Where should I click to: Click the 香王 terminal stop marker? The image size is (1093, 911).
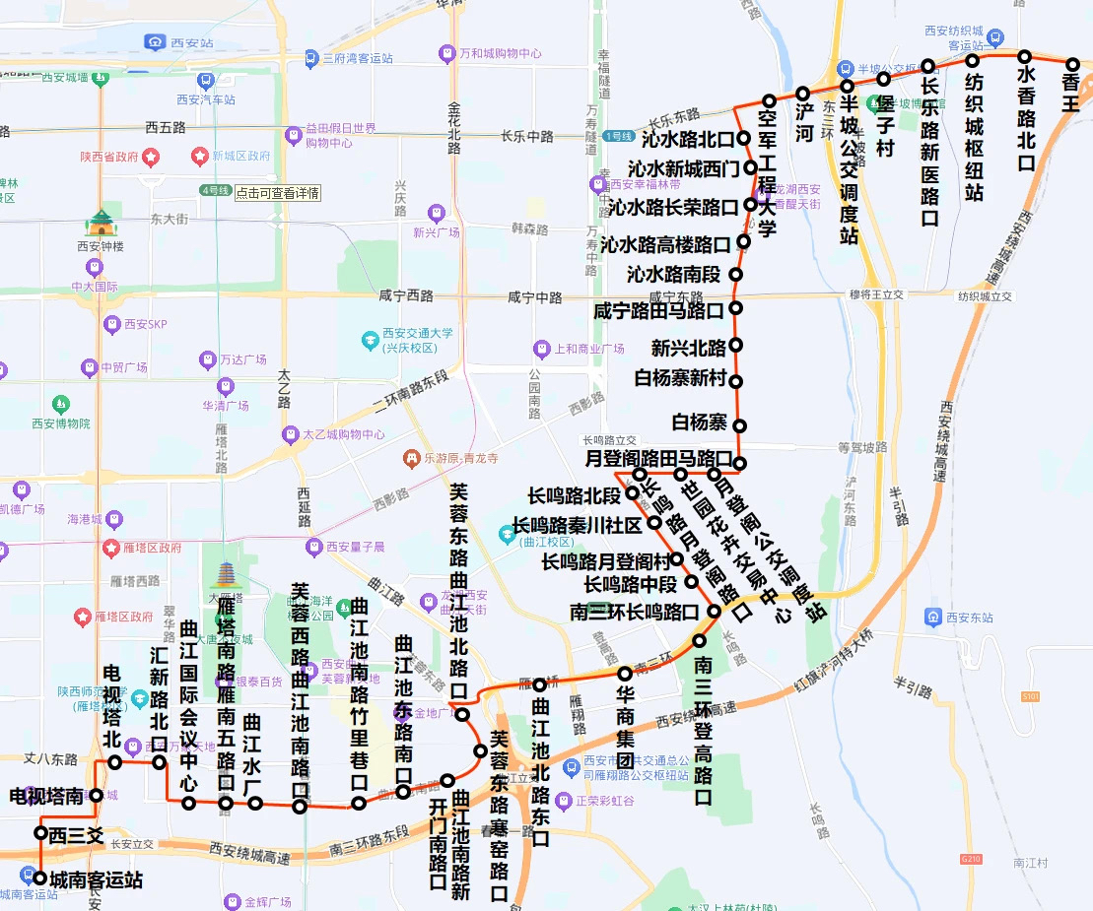tap(1073, 65)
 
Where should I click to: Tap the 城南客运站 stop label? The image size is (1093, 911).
tap(97, 879)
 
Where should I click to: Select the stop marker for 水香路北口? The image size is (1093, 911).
tap(1025, 56)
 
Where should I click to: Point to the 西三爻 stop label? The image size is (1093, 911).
tap(77, 835)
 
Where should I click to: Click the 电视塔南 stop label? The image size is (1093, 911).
tap(46, 796)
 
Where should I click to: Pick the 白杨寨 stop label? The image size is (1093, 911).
tap(699, 423)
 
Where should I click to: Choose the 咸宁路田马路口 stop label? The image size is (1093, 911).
tap(658, 311)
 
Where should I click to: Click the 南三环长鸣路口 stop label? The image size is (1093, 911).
tap(635, 613)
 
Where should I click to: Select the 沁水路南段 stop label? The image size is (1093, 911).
tap(673, 274)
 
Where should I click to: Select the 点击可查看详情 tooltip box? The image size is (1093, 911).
tap(277, 193)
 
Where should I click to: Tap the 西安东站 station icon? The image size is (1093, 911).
tap(933, 618)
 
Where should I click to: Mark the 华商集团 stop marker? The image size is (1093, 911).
tap(625, 674)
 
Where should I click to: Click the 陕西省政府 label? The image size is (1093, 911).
tap(109, 157)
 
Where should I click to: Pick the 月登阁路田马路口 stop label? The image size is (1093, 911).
tap(658, 459)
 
